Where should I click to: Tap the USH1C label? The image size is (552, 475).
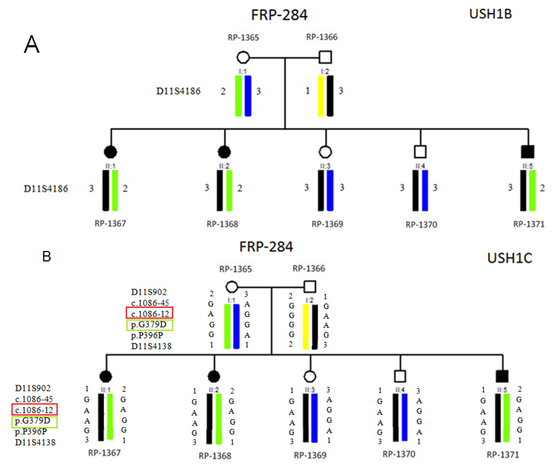pyautogui.click(x=510, y=258)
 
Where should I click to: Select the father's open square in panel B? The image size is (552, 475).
pyautogui.click(x=309, y=286)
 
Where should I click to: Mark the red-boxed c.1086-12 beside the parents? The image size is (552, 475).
pyautogui.click(x=149, y=313)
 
